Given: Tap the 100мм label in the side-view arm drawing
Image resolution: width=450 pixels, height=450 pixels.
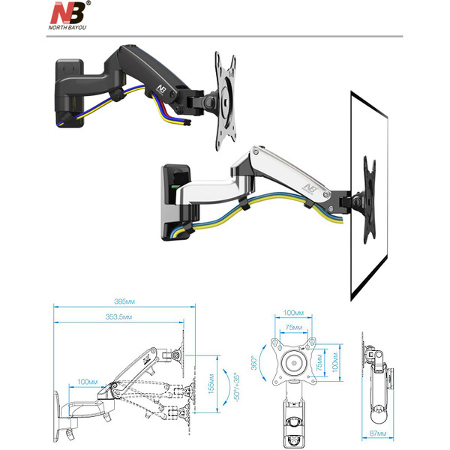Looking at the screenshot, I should pyautogui.click(x=88, y=382).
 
